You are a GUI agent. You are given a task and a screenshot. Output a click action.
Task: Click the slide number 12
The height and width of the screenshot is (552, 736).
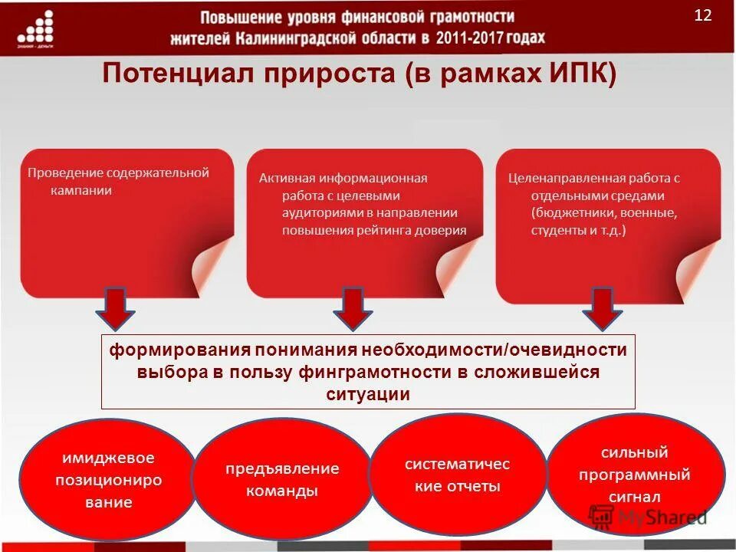(x=703, y=16)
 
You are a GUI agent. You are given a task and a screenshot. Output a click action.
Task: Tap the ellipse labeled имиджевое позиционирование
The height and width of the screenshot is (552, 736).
(x=107, y=480)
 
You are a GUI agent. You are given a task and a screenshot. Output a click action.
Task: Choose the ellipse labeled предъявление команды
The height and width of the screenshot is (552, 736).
(x=281, y=480)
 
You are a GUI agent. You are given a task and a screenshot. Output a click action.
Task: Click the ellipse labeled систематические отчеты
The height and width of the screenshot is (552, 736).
(x=457, y=475)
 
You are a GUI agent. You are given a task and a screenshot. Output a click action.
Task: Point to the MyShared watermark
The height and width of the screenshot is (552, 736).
(x=648, y=517)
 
